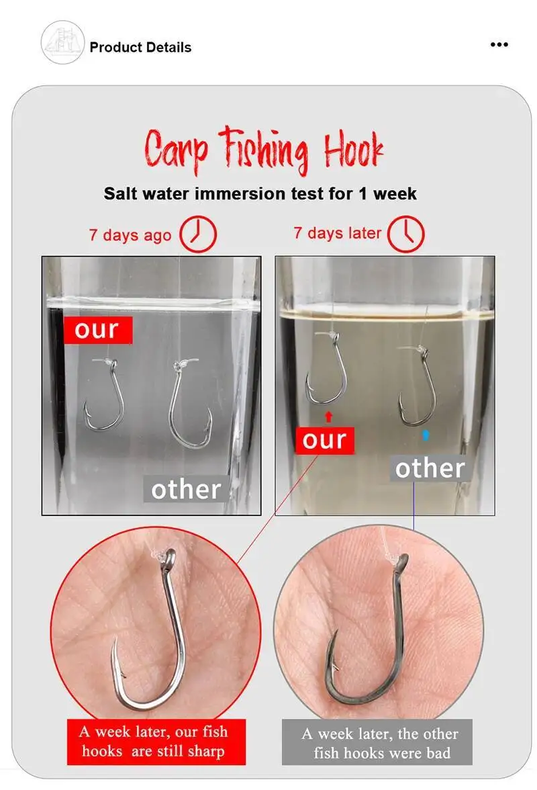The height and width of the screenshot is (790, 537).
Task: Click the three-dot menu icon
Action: [x=499, y=45]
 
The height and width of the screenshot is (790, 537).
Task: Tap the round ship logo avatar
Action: [x=62, y=42]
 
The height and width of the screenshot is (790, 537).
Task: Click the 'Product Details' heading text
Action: [x=140, y=47]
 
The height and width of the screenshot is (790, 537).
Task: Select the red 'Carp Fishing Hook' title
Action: [x=264, y=150]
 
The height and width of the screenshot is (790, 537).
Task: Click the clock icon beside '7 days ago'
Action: [x=198, y=234]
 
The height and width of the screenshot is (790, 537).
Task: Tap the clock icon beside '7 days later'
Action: [x=405, y=234]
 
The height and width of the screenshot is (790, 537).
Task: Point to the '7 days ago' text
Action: [x=130, y=235]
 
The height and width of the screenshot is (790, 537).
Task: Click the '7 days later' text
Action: [x=337, y=233]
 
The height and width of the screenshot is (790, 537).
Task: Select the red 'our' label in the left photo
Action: [x=98, y=330]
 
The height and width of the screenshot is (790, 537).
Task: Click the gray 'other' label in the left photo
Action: [x=186, y=489]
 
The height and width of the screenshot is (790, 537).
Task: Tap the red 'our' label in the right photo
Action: [x=325, y=441]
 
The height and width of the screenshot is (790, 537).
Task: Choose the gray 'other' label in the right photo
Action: [x=430, y=468]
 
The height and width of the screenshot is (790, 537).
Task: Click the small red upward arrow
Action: [x=329, y=416]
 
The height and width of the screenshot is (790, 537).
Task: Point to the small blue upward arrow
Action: [x=426, y=435]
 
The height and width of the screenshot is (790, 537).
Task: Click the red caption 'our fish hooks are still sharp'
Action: [x=156, y=742]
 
